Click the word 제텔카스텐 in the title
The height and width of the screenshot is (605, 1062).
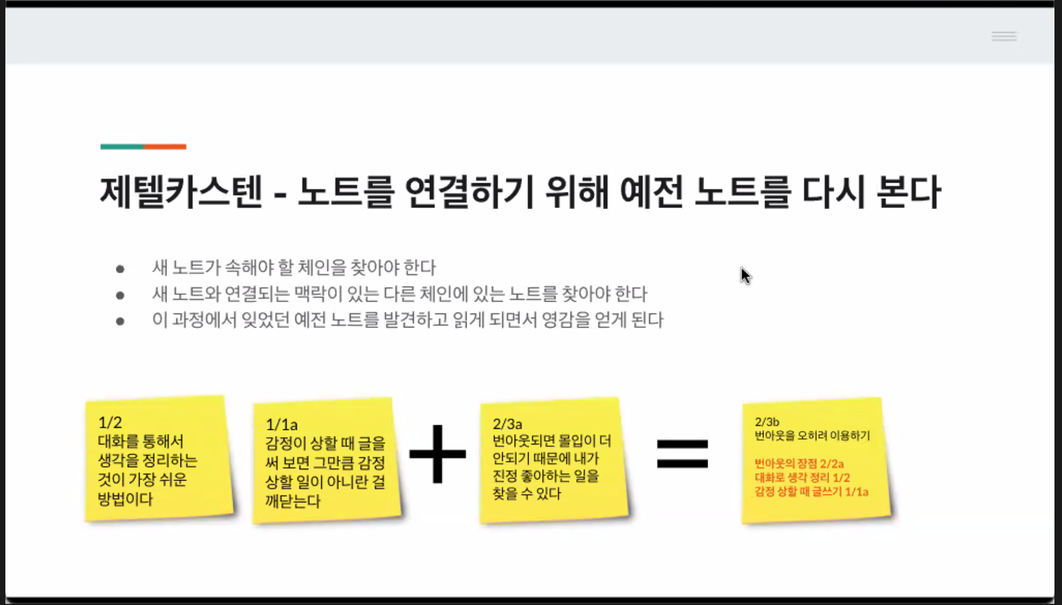[181, 192]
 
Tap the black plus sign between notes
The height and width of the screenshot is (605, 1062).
[438, 454]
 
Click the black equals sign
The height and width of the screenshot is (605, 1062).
[682, 453]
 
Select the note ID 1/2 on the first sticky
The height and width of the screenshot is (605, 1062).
[110, 422]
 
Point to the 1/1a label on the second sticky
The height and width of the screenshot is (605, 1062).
[281, 425]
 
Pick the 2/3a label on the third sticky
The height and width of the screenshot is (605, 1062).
[507, 424]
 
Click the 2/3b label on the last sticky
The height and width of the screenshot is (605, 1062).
[767, 422]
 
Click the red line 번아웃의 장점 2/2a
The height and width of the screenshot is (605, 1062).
[799, 463]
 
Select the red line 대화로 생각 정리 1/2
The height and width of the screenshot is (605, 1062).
[802, 477]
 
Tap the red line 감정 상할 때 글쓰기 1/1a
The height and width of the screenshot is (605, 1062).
[811, 491]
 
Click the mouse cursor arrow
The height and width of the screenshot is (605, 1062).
[745, 275]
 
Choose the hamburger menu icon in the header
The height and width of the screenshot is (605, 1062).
[1004, 37]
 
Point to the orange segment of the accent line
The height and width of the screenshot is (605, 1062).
[165, 147]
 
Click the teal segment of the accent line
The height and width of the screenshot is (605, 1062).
[122, 147]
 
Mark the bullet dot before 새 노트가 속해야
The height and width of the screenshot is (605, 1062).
[120, 269]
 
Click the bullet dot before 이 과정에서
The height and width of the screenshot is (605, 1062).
[120, 322]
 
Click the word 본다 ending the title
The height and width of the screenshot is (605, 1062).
[908, 192]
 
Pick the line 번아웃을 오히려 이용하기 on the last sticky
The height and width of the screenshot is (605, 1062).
[812, 435]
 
